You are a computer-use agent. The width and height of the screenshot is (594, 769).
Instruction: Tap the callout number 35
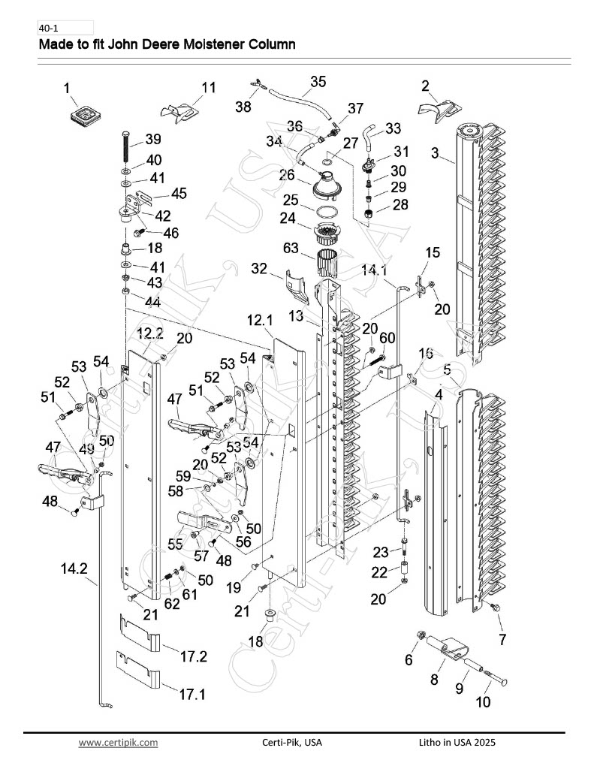pyautogui.click(x=318, y=81)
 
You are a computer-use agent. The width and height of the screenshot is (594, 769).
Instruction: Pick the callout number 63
pyautogui.click(x=291, y=248)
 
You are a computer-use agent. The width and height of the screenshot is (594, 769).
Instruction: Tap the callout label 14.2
pyautogui.click(x=74, y=568)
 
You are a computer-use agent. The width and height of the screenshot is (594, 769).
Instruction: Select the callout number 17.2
pyautogui.click(x=194, y=656)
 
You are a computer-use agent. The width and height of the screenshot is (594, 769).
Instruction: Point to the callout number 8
pyautogui.click(x=434, y=680)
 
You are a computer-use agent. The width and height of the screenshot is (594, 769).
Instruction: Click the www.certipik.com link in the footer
pyautogui.click(x=118, y=743)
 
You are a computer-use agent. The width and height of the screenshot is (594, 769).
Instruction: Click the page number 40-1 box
pyautogui.click(x=66, y=28)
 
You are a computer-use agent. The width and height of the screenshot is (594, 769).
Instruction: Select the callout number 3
pyautogui.click(x=435, y=152)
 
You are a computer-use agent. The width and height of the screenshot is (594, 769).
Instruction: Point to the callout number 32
pyautogui.click(x=259, y=268)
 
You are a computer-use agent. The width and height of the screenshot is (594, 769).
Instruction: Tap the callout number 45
pyautogui.click(x=179, y=193)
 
